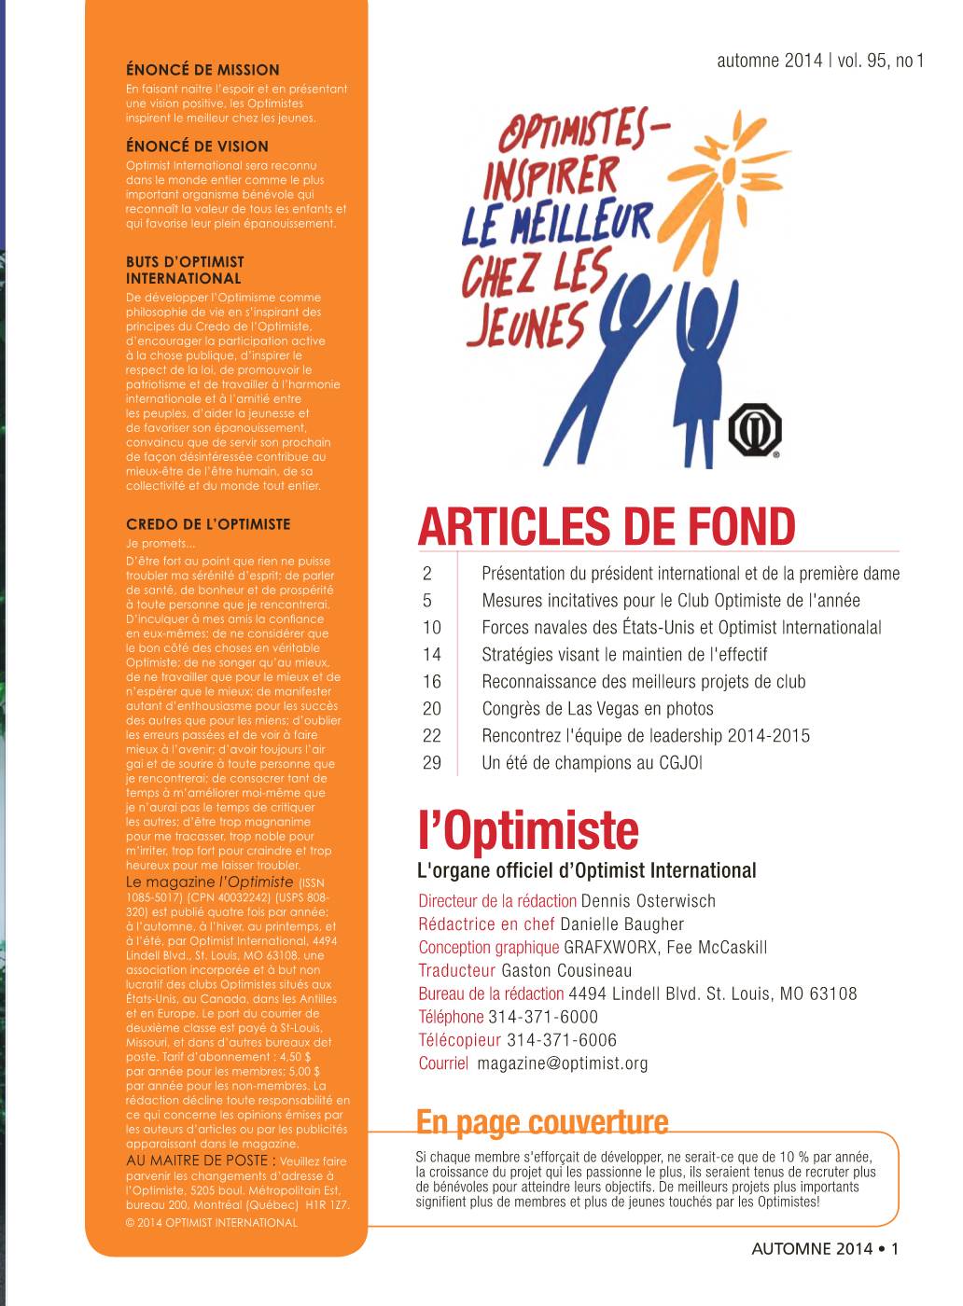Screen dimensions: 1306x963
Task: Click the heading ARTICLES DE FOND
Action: click(607, 527)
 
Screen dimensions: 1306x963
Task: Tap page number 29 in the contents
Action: click(431, 763)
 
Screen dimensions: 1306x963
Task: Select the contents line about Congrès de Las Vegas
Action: click(597, 709)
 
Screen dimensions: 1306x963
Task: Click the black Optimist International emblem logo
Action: click(754, 430)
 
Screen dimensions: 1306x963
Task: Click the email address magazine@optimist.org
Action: click(562, 1063)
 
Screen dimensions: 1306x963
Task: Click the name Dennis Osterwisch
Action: click(648, 901)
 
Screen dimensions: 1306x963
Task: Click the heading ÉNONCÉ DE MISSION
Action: click(202, 70)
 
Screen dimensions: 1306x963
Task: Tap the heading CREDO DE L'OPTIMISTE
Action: click(208, 524)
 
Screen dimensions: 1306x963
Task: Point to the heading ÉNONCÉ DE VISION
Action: click(197, 146)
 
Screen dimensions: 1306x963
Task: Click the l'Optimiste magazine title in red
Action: click(528, 830)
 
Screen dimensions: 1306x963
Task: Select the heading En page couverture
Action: click(542, 1121)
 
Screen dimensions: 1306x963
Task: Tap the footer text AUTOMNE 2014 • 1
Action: click(824, 1249)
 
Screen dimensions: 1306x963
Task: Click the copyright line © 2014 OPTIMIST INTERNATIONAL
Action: click(212, 1222)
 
